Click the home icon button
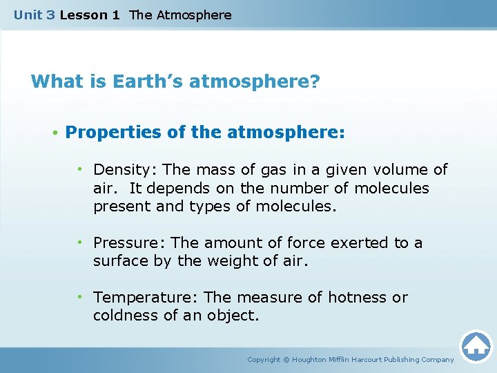[x=476, y=346]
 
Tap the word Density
[x=117, y=170]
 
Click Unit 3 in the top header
[x=35, y=15]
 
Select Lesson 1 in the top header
[x=90, y=15]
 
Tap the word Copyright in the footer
[x=264, y=360]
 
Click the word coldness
[x=121, y=316]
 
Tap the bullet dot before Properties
[x=54, y=133]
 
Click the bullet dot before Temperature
[x=81, y=298]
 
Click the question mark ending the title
[x=315, y=82]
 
